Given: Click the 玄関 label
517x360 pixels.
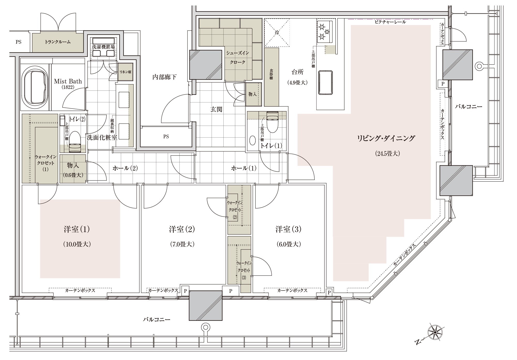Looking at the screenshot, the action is [x=216, y=109].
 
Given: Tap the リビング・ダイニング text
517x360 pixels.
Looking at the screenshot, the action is [x=386, y=138].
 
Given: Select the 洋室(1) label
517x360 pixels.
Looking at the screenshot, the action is [x=77, y=229].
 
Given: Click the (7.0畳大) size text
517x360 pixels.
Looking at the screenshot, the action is [x=182, y=244].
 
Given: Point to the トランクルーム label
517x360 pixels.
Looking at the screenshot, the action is [x=58, y=42].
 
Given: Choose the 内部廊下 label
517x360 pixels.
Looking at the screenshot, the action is [x=164, y=77].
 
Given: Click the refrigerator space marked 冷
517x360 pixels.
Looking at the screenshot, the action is [x=277, y=33].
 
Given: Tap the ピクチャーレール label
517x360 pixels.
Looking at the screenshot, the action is [x=390, y=22].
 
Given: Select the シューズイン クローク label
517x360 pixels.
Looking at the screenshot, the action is [x=238, y=57].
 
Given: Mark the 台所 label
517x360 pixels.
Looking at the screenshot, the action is [x=297, y=72].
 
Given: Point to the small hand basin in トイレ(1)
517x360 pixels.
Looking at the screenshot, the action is [x=252, y=141].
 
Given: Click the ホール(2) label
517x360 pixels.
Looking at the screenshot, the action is [x=125, y=168].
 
